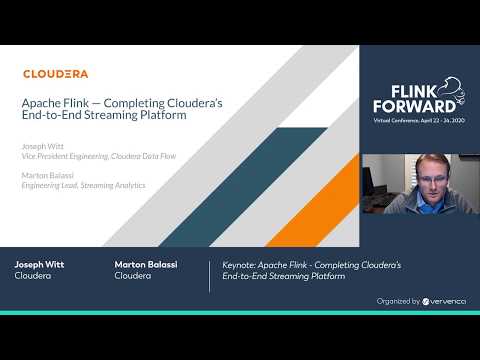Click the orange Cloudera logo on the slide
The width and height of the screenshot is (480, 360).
tap(55, 73)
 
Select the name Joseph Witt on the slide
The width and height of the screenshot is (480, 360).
tap(41, 146)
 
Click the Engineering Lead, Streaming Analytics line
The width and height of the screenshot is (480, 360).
tap(84, 185)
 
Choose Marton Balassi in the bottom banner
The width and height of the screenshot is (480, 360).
tap(143, 265)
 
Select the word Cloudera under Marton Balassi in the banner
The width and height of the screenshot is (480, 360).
tap(133, 276)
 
